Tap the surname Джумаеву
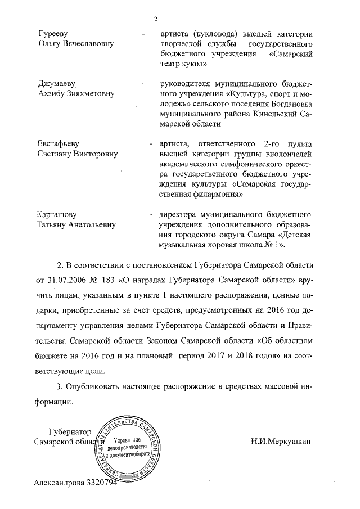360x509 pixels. click(58, 84)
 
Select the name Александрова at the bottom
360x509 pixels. click(59, 483)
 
